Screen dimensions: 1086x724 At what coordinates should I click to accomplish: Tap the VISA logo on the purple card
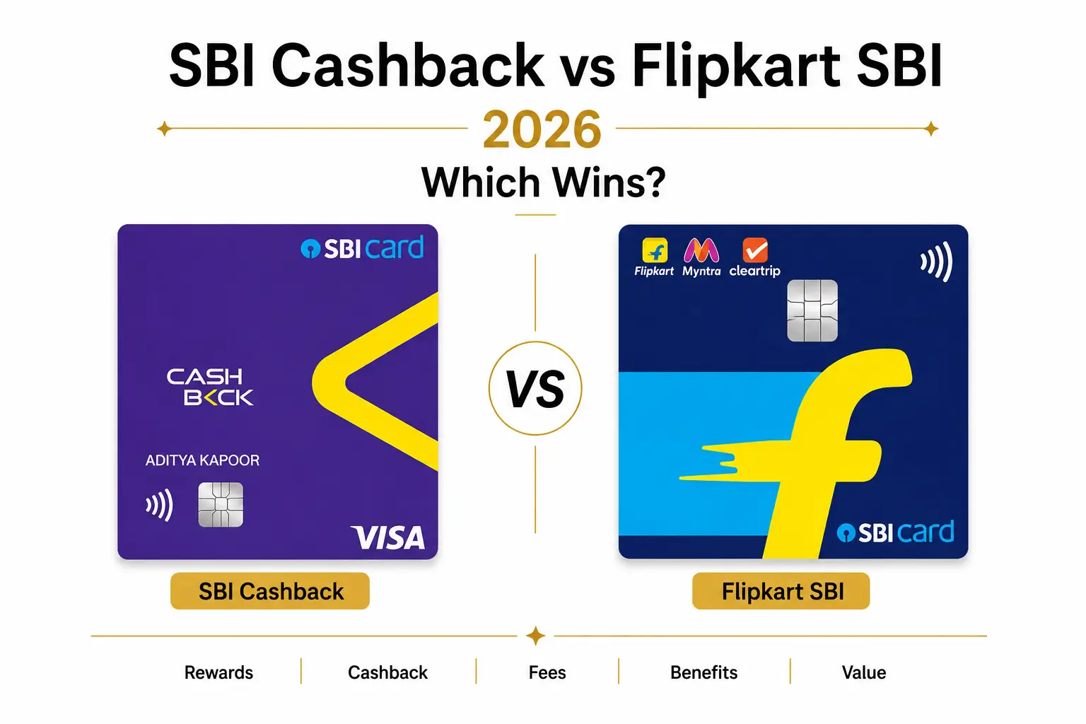coord(388,537)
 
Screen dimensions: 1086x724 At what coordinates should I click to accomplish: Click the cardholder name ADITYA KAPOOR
coord(203,460)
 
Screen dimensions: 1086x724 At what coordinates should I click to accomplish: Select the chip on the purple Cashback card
coord(221,504)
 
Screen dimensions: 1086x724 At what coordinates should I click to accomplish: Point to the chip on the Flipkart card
coord(812,310)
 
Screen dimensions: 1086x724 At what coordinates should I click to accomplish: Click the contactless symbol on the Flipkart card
coord(937,262)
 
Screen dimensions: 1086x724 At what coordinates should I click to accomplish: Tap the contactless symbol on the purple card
coord(160,505)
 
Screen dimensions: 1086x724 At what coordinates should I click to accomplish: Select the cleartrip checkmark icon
coord(755,250)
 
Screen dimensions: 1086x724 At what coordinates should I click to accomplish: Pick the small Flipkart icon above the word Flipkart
coord(655,250)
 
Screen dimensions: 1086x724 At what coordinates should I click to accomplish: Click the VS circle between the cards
coord(535,388)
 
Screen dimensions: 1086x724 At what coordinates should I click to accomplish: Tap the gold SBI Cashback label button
coord(270,591)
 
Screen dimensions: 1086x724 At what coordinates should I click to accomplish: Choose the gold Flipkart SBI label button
coord(781,591)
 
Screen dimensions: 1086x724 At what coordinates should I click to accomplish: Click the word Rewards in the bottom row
coord(218,672)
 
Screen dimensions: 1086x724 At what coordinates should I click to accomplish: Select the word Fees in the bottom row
coord(547,672)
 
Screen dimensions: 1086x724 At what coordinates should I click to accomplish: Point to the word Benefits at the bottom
coord(704,672)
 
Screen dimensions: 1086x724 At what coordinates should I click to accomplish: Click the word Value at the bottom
coord(864,672)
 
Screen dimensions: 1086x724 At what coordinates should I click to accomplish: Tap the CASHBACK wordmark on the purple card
coord(209,387)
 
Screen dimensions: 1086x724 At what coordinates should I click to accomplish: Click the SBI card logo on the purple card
coord(362,247)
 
